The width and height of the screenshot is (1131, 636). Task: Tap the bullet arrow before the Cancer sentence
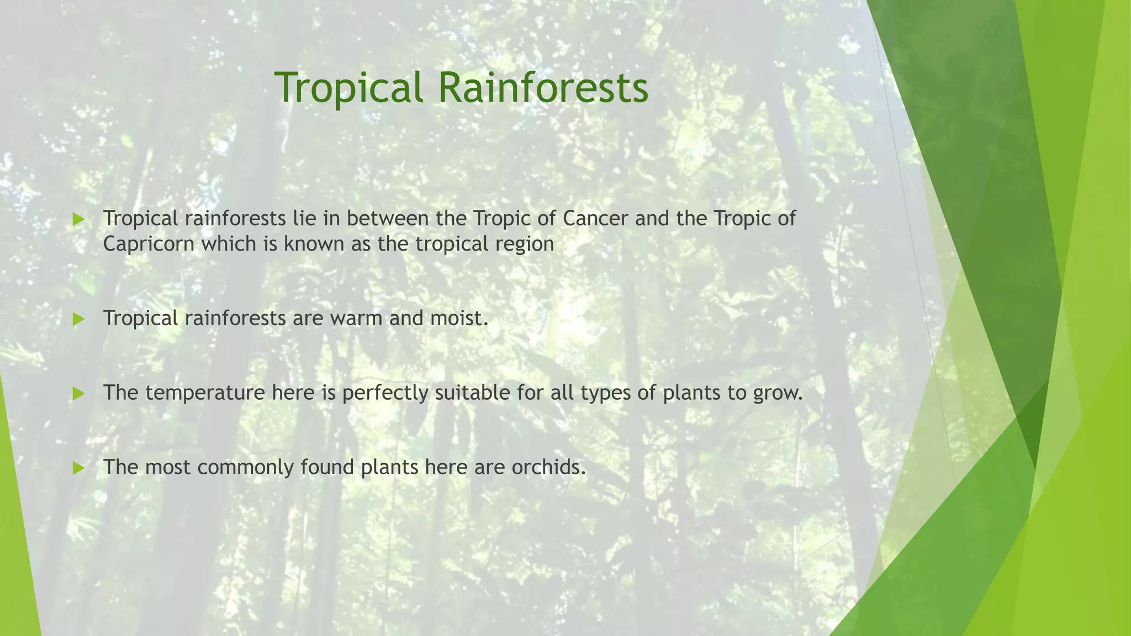[78, 220]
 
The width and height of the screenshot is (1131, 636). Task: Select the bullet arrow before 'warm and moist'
[78, 319]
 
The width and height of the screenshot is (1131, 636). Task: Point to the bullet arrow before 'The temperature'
[78, 394]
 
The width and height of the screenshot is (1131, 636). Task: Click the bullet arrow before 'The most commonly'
[78, 468]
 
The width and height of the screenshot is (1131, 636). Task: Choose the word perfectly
[385, 393]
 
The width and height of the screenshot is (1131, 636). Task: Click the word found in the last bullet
[327, 467]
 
